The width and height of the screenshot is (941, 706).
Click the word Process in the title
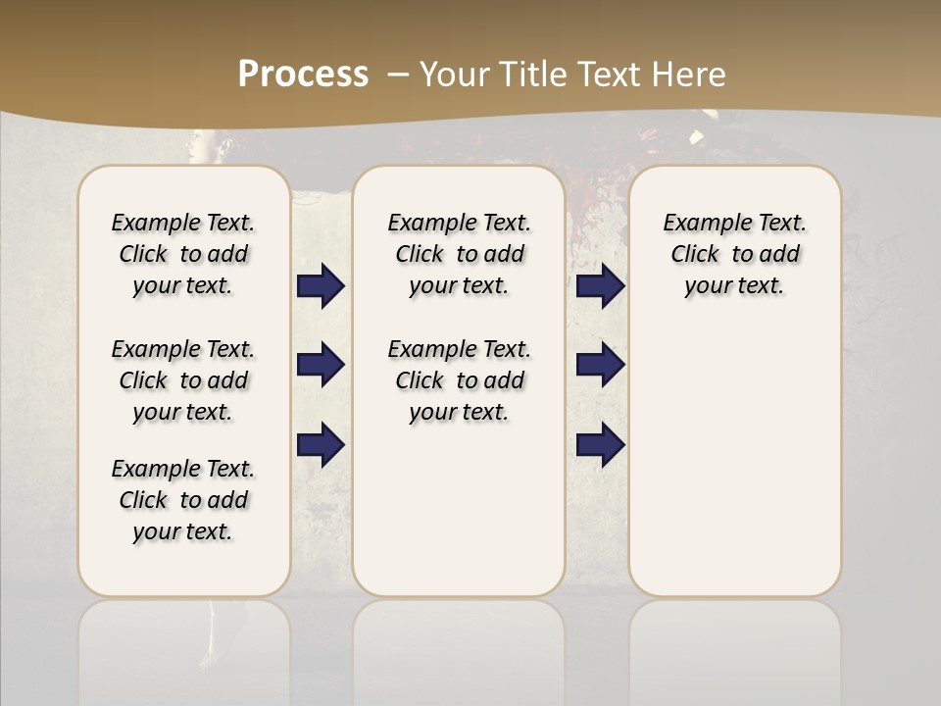[x=303, y=75]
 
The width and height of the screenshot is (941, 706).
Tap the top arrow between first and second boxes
[x=321, y=286]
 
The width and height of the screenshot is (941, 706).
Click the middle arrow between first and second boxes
[x=321, y=365]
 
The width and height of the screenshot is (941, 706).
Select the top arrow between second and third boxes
[x=601, y=286]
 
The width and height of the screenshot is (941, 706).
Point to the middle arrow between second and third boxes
[x=601, y=365]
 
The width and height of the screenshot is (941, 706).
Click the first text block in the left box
[x=183, y=254]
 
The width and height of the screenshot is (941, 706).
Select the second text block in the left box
[x=183, y=380]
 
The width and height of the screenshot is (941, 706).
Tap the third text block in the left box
[x=183, y=500]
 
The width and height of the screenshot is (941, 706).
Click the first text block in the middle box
[x=459, y=254]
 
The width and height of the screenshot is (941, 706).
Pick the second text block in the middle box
[x=459, y=380]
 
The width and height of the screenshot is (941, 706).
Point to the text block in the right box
[x=735, y=254]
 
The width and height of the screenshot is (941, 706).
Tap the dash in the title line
[x=398, y=75]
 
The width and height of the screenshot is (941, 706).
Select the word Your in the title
[x=457, y=75]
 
